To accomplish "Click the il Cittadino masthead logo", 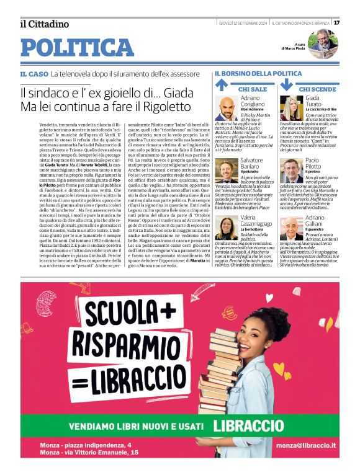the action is [x=44, y=24].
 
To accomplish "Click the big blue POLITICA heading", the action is [x=77, y=47].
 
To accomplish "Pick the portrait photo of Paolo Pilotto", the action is [x=291, y=170].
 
